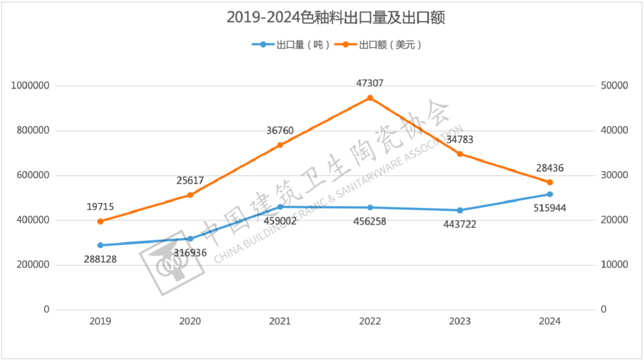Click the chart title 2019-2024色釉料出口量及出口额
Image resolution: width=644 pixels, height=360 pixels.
pyautogui.click(x=335, y=18)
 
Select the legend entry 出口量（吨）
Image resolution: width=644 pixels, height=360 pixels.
pyautogui.click(x=290, y=45)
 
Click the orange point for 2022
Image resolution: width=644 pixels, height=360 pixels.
pyautogui.click(x=370, y=98)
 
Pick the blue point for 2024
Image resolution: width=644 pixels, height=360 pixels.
pyautogui.click(x=550, y=194)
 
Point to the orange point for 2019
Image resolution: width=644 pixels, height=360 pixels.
pyautogui.click(x=100, y=221)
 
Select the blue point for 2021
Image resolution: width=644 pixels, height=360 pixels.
pyautogui.click(x=280, y=207)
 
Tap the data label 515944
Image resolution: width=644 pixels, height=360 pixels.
pyautogui.click(x=550, y=208)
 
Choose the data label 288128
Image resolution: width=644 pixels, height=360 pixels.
pyautogui.click(x=100, y=259)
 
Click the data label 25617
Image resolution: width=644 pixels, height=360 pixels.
pyautogui.click(x=190, y=181)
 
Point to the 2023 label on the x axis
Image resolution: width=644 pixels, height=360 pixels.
pyautogui.click(x=460, y=321)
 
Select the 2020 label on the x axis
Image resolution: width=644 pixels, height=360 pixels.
pyautogui.click(x=190, y=321)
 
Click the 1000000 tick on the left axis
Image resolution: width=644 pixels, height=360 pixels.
pyautogui.click(x=30, y=86)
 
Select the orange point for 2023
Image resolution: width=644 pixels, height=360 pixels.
pyautogui.click(x=460, y=154)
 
